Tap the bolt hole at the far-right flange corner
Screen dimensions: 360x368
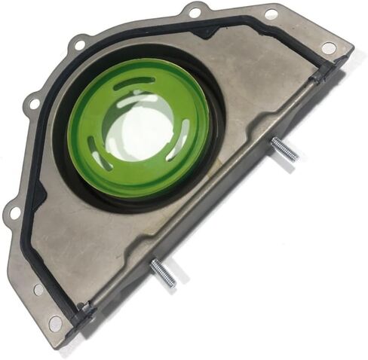(x=328, y=47)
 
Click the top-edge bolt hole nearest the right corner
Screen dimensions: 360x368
(x=271, y=14)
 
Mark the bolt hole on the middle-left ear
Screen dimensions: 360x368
(x=32, y=101)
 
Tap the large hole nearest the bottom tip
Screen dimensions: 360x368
(x=55, y=324)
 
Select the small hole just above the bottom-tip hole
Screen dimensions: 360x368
(x=38, y=289)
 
